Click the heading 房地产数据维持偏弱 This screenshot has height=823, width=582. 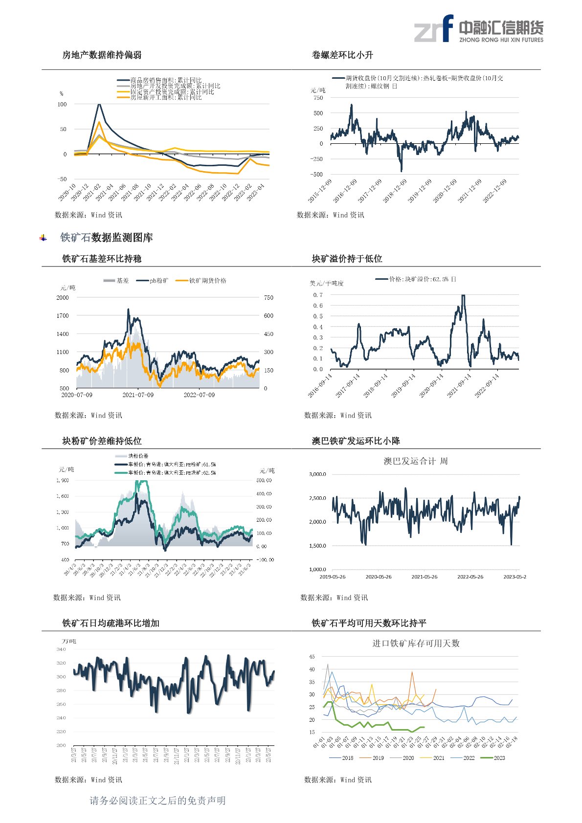click(x=102, y=55)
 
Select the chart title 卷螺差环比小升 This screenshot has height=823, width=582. click(x=342, y=55)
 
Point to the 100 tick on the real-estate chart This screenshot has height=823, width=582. click(x=62, y=104)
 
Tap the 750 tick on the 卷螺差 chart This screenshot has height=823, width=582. click(x=318, y=98)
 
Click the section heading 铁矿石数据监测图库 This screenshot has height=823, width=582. click(x=106, y=238)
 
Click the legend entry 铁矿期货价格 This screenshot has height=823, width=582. click(x=207, y=281)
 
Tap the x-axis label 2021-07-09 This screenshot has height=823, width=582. click(x=138, y=395)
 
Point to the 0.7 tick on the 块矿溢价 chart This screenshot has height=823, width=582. click(x=318, y=295)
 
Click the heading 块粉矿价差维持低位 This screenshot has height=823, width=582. click(x=102, y=441)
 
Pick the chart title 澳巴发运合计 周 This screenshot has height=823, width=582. click(x=415, y=461)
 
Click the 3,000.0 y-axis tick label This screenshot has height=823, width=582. click(x=317, y=474)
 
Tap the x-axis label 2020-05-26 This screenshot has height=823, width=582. click(x=379, y=577)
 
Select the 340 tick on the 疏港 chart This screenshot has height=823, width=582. click(x=61, y=649)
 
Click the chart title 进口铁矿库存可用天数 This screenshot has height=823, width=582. click(x=416, y=643)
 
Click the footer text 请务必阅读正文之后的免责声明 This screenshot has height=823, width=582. click(x=157, y=801)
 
